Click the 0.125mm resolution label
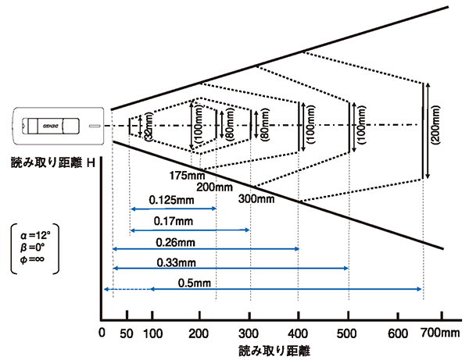click(173, 201)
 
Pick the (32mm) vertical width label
click(148, 127)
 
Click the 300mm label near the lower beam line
click(257, 198)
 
